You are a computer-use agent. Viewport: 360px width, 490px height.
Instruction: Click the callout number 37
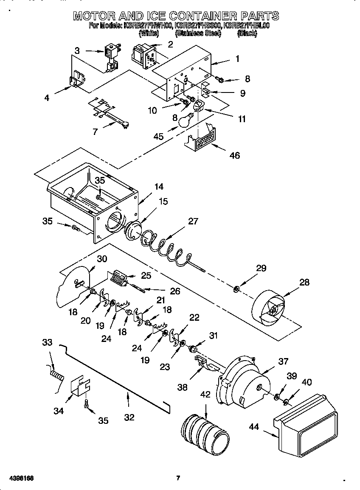point(283,361)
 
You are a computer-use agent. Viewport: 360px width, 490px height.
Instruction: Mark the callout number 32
point(129,417)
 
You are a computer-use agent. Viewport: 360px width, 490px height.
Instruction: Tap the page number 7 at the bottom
point(178,478)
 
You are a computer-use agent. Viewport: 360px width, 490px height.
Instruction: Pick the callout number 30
point(102,258)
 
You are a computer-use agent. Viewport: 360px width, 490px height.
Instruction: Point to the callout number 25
point(146,276)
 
